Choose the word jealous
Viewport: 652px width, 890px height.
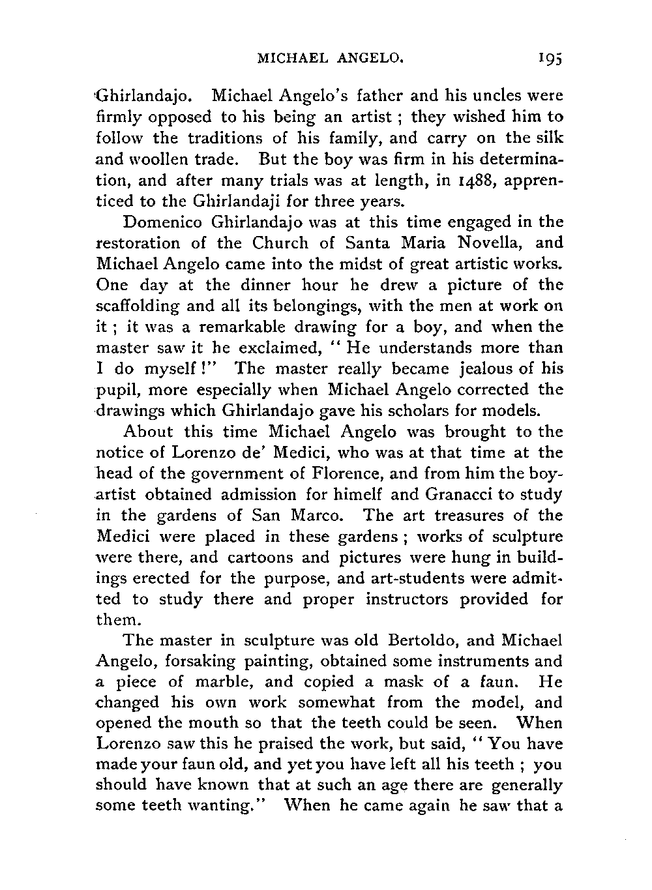488,369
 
